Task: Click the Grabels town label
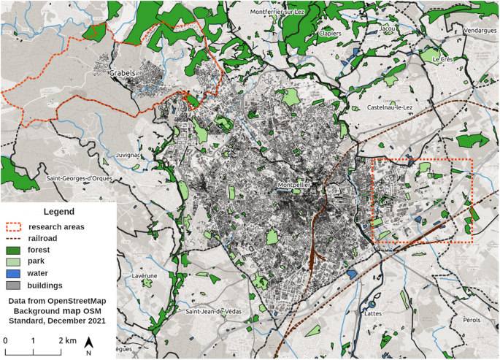(123, 74)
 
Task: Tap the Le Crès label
(442, 59)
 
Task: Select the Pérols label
(472, 320)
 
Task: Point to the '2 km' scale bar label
(67, 340)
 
